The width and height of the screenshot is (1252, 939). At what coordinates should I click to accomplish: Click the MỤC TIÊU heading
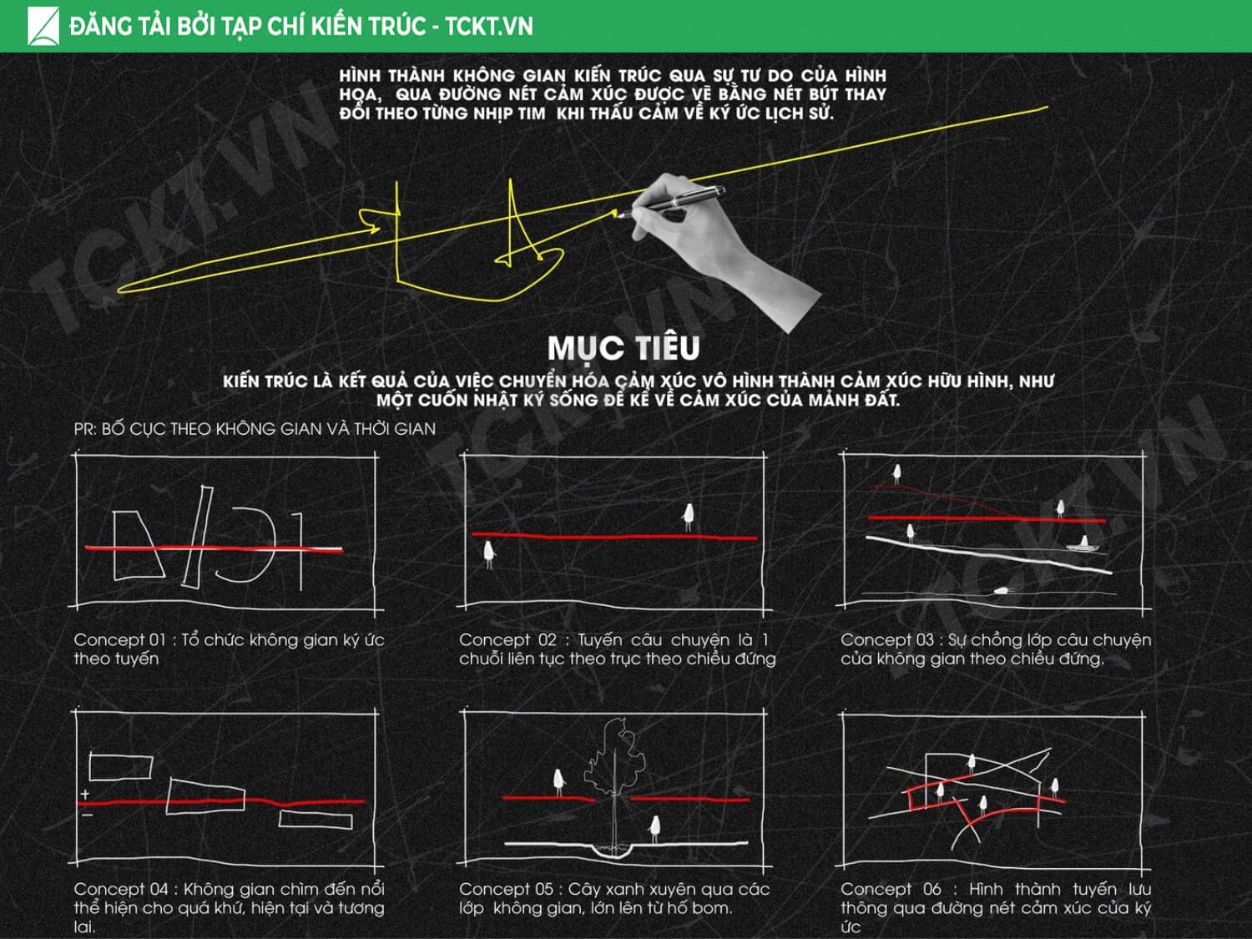point(623,348)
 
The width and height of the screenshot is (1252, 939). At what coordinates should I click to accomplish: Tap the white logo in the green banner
point(43,26)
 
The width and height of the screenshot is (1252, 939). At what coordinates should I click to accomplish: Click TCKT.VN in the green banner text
point(489,26)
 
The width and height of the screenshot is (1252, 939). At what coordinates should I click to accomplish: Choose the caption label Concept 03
point(887,639)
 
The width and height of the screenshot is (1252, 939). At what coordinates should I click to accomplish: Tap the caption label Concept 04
point(122,889)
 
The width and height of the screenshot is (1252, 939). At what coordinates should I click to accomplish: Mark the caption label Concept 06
point(891,889)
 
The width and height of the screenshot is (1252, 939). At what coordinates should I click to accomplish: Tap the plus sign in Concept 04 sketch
point(85,794)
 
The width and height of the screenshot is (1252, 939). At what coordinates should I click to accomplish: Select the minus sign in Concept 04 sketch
point(88,815)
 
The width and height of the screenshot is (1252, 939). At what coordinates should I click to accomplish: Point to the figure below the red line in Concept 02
point(489,555)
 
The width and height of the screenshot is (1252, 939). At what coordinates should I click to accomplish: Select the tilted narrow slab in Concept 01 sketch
point(197,537)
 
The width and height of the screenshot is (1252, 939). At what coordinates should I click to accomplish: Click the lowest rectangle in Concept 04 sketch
point(316,820)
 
